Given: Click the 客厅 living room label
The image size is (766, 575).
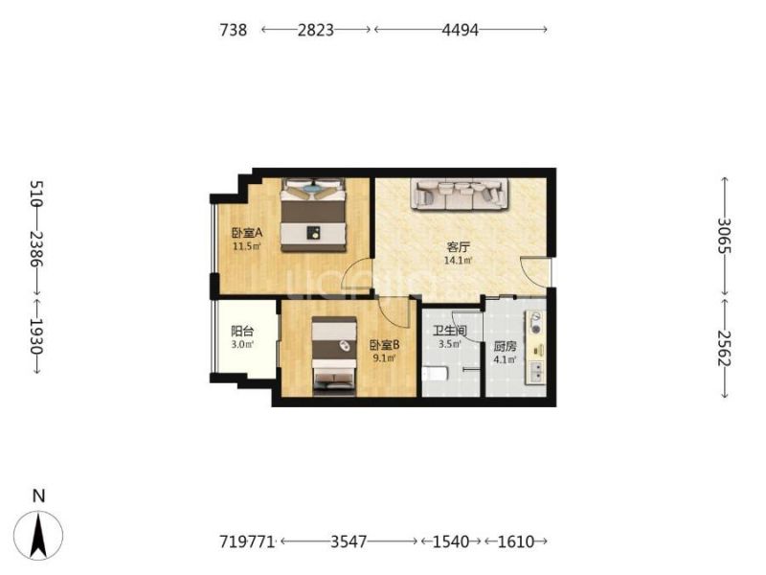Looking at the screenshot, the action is click(458, 247).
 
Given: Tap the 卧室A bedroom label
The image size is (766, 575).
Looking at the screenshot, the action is click(247, 233).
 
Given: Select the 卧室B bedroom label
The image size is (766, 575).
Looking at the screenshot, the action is click(385, 345).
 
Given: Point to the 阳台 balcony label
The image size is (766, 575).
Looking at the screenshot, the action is click(242, 331).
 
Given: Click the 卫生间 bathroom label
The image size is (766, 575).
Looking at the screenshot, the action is click(450, 331).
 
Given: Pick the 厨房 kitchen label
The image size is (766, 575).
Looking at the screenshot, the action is click(505, 347).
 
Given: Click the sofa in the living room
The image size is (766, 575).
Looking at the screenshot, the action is click(460, 195).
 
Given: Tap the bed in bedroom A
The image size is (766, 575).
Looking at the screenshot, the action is click(313, 215).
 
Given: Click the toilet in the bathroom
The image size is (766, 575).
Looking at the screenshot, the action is click(435, 374).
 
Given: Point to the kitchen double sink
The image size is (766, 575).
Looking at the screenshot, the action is click(536, 372).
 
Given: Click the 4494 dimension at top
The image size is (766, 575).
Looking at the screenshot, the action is click(460, 30).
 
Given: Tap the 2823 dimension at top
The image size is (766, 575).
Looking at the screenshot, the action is click(316, 30).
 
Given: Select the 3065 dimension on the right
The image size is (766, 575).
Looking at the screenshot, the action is click(724, 235).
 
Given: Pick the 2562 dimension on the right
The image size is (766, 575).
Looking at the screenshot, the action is click(724, 348).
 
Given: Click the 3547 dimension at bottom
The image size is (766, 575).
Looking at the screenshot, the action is click(349, 541).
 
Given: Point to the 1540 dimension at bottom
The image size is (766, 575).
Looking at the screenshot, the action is click(451, 541).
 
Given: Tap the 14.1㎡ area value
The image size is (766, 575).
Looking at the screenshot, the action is click(458, 261).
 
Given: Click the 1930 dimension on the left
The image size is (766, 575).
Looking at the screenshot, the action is click(36, 336).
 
